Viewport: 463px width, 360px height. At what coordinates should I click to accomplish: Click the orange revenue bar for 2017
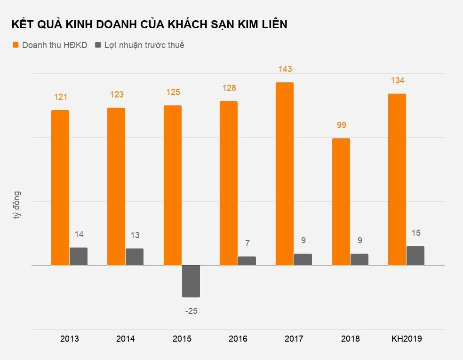pos(284,174)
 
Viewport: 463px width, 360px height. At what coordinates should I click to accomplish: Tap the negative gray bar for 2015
pos(191,281)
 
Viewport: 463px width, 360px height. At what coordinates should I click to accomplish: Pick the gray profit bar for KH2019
pos(415,256)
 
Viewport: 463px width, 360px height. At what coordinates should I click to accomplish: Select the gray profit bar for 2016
pos(247,261)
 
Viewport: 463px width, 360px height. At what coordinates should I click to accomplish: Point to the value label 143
pos(285,69)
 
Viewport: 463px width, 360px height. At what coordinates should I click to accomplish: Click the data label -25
pos(191,311)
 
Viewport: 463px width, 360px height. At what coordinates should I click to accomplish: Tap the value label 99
pos(341,125)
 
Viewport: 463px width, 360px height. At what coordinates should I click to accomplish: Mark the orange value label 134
pos(397,80)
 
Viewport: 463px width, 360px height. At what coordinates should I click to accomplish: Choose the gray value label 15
pos(415,233)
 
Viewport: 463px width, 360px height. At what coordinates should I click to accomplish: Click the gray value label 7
pos(247,243)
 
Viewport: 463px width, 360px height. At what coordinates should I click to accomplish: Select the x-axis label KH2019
pos(407,339)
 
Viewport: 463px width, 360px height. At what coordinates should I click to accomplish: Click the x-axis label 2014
pos(126,339)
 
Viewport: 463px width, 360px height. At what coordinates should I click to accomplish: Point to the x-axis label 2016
pos(238,339)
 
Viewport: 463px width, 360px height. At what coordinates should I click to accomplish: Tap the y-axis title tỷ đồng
pos(17,206)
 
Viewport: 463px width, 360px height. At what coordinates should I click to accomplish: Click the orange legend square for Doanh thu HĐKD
pos(16,45)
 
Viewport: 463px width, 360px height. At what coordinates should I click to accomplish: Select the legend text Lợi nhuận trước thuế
pos(144,45)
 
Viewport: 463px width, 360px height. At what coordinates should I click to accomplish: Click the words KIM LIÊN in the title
pos(261,24)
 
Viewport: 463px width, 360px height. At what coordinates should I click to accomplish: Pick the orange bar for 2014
pos(116,186)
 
